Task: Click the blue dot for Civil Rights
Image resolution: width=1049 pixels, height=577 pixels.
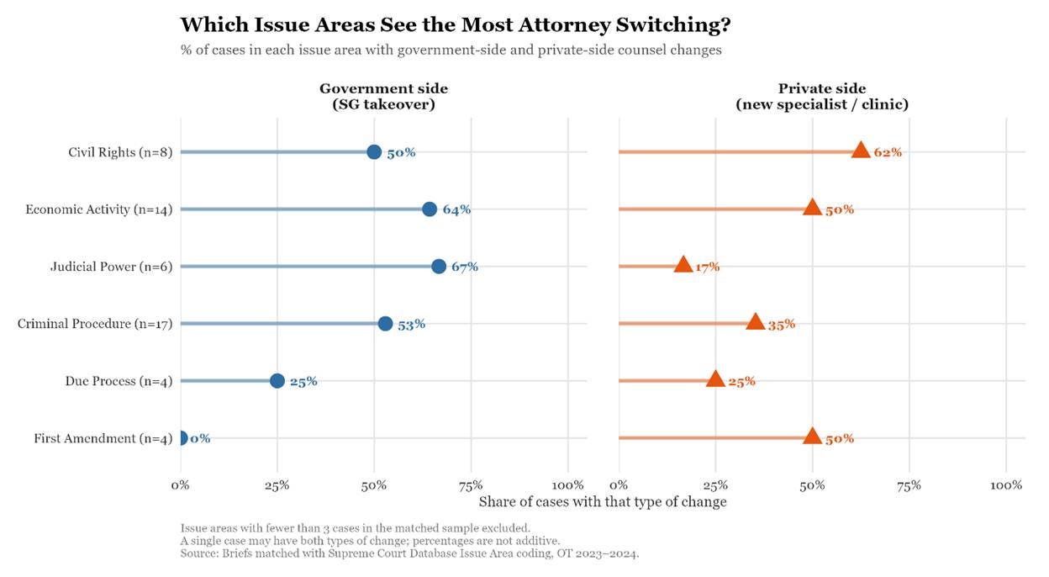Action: click(374, 151)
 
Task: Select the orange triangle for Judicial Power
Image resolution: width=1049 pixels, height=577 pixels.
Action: click(683, 265)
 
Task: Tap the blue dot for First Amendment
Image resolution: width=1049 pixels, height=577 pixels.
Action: click(181, 437)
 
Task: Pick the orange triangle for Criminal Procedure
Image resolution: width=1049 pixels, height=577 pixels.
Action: click(755, 322)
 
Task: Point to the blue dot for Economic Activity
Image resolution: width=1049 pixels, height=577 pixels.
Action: click(430, 209)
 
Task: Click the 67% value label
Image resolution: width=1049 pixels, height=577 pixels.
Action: click(464, 267)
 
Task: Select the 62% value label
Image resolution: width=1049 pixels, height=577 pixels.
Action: click(888, 152)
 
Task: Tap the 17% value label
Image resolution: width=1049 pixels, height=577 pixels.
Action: click(707, 267)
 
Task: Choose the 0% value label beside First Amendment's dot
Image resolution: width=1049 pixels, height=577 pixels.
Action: click(200, 438)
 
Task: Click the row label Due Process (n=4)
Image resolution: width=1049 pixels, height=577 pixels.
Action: click(119, 381)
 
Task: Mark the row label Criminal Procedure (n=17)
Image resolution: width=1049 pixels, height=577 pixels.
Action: click(95, 324)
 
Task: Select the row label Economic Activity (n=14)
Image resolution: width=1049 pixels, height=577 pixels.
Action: click(99, 209)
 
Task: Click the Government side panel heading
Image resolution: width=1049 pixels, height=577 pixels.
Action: click(383, 96)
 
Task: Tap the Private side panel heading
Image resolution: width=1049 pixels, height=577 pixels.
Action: click(821, 96)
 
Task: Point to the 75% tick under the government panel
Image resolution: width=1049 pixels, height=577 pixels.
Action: click(471, 485)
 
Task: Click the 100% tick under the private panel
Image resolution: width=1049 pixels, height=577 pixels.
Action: click(1006, 485)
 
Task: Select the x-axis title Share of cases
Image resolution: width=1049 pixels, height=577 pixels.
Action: click(602, 502)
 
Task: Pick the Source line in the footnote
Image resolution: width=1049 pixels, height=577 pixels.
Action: click(410, 554)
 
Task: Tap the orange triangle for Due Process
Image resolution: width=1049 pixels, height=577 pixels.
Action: click(715, 379)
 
